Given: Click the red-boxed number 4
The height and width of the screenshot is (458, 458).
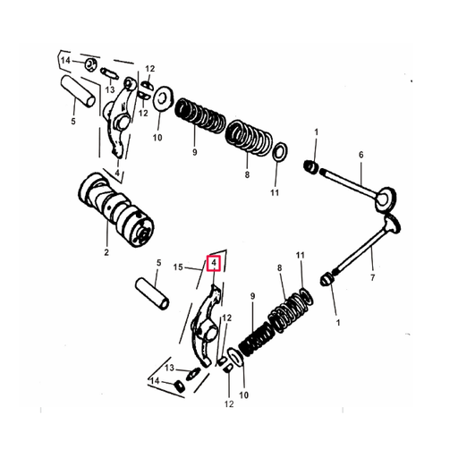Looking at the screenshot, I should pyautogui.click(x=213, y=263).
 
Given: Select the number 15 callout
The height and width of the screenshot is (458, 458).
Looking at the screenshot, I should pyautogui.click(x=178, y=267).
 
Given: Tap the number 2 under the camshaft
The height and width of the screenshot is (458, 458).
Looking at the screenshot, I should pyautogui.click(x=106, y=253).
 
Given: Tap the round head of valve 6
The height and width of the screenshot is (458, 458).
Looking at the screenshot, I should pyautogui.click(x=386, y=196).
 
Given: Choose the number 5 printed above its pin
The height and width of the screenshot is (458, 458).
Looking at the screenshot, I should pyautogui.click(x=159, y=263).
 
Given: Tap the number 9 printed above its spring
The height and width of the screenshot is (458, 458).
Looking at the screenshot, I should pyautogui.click(x=252, y=296).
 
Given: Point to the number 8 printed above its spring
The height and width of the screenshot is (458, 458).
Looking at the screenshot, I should pyautogui.click(x=279, y=267).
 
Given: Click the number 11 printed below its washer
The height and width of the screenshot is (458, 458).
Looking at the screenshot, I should pyautogui.click(x=275, y=193).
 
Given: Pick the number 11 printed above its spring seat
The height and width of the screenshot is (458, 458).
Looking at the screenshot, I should pyautogui.click(x=301, y=255).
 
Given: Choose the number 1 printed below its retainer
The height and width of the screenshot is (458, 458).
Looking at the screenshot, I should pyautogui.click(x=337, y=321).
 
